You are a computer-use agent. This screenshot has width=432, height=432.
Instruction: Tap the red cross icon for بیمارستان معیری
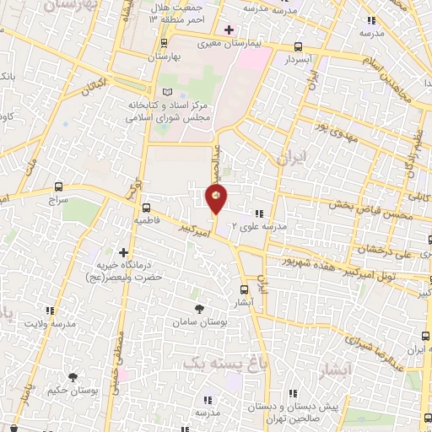pos(228,30)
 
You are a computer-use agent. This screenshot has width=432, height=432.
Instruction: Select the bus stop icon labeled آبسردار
pos(297,47)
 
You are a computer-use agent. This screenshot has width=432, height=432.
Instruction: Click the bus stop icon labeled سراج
pos(57,187)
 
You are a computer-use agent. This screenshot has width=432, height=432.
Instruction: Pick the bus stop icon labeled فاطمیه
pos(147,207)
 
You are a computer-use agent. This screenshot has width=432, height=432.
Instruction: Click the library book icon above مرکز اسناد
pos(166,90)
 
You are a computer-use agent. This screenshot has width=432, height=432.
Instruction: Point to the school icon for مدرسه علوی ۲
pos(259,214)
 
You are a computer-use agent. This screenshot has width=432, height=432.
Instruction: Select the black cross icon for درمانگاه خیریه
pos(124,251)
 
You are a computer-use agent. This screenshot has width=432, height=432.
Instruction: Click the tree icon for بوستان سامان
pos(199,310)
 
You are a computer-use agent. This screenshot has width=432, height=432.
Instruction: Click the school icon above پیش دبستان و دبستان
pos(292,392)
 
